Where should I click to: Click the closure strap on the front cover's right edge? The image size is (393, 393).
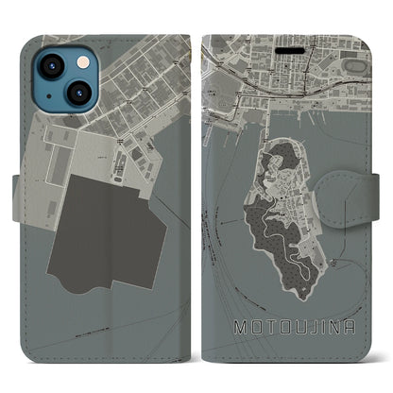[x=370, y=183]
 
